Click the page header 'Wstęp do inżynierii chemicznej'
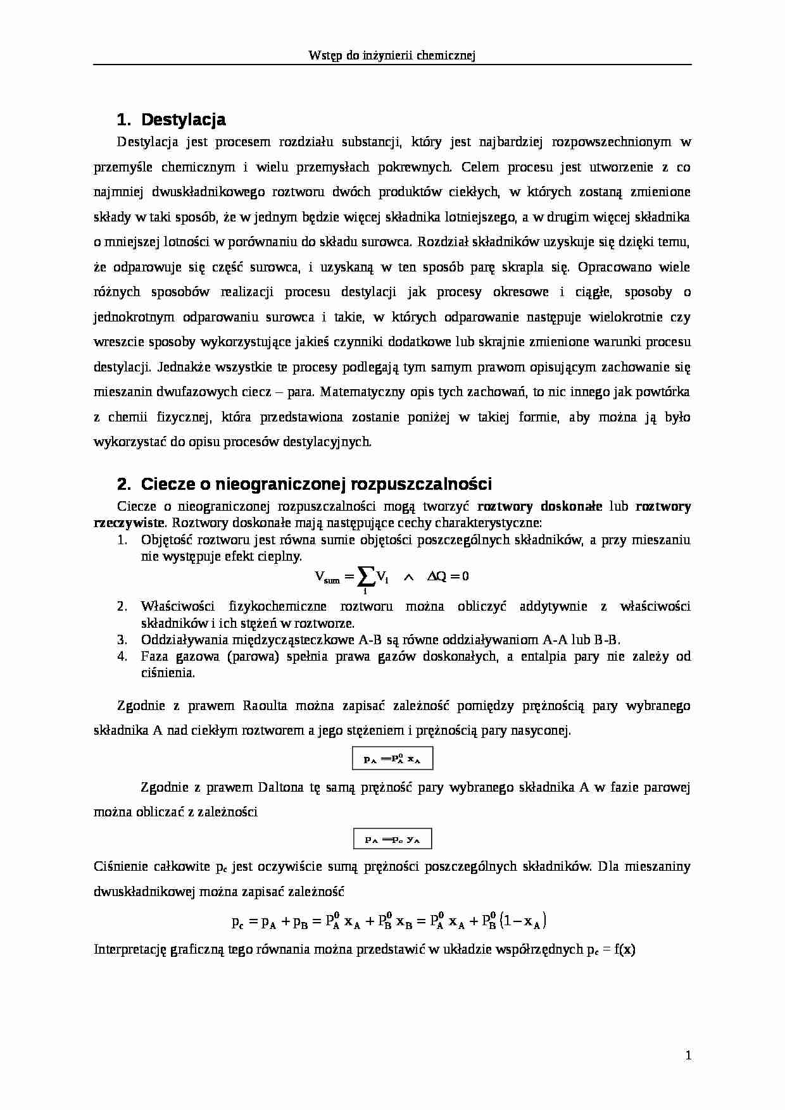[x=392, y=56]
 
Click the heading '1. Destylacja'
[x=171, y=120]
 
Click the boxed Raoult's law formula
[x=392, y=759]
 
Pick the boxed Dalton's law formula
[x=392, y=839]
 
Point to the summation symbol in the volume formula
[x=365, y=576]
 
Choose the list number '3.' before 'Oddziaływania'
[x=123, y=639]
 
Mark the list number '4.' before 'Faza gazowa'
[x=123, y=656]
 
